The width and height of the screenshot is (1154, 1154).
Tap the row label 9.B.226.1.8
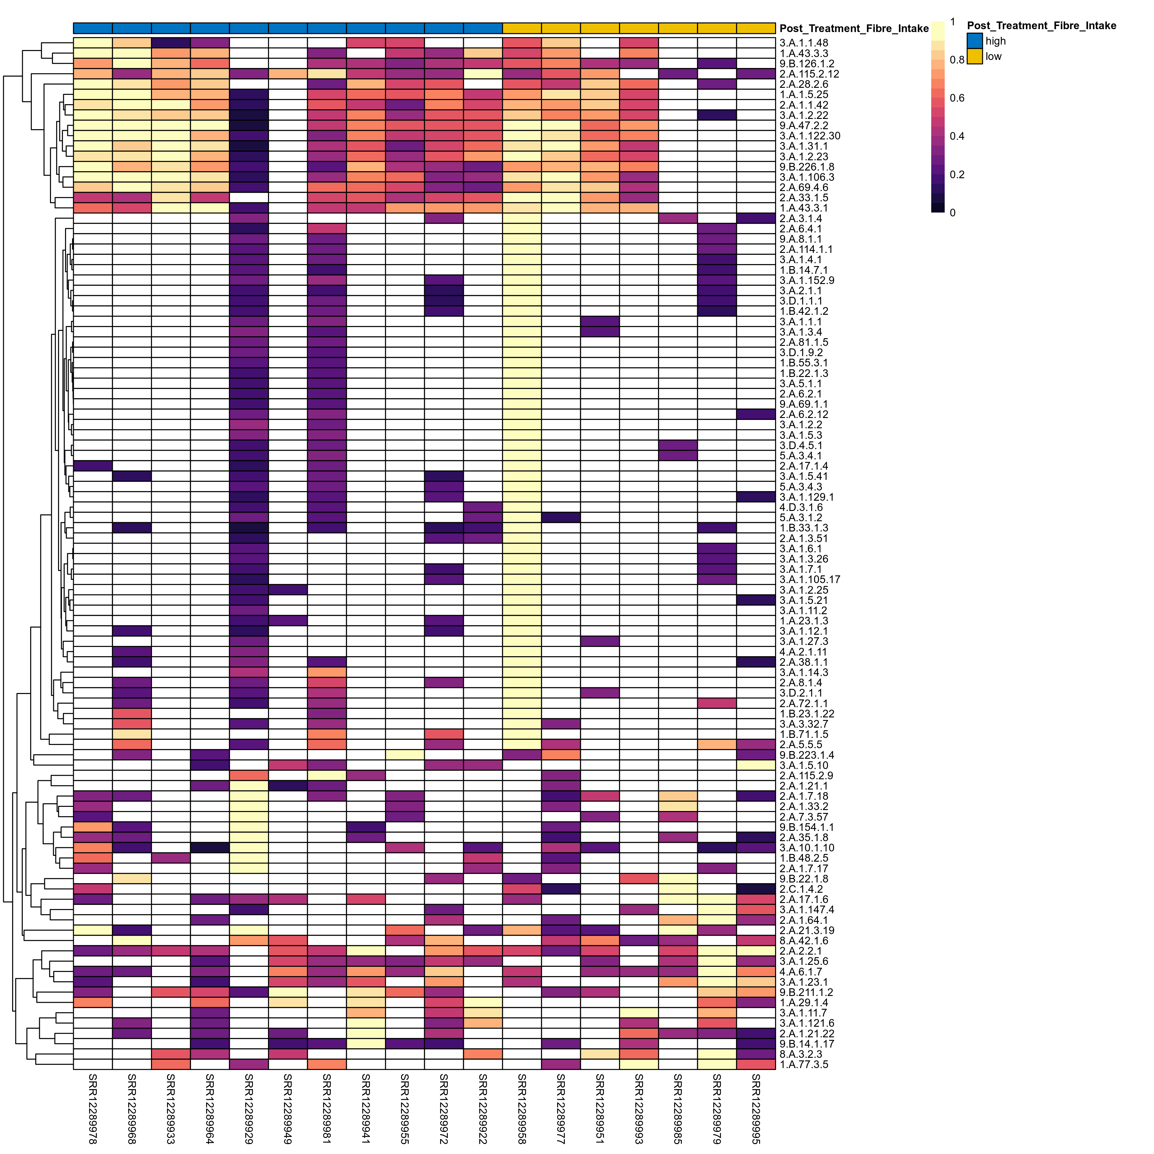807,167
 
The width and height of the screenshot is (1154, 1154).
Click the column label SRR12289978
93,1108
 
